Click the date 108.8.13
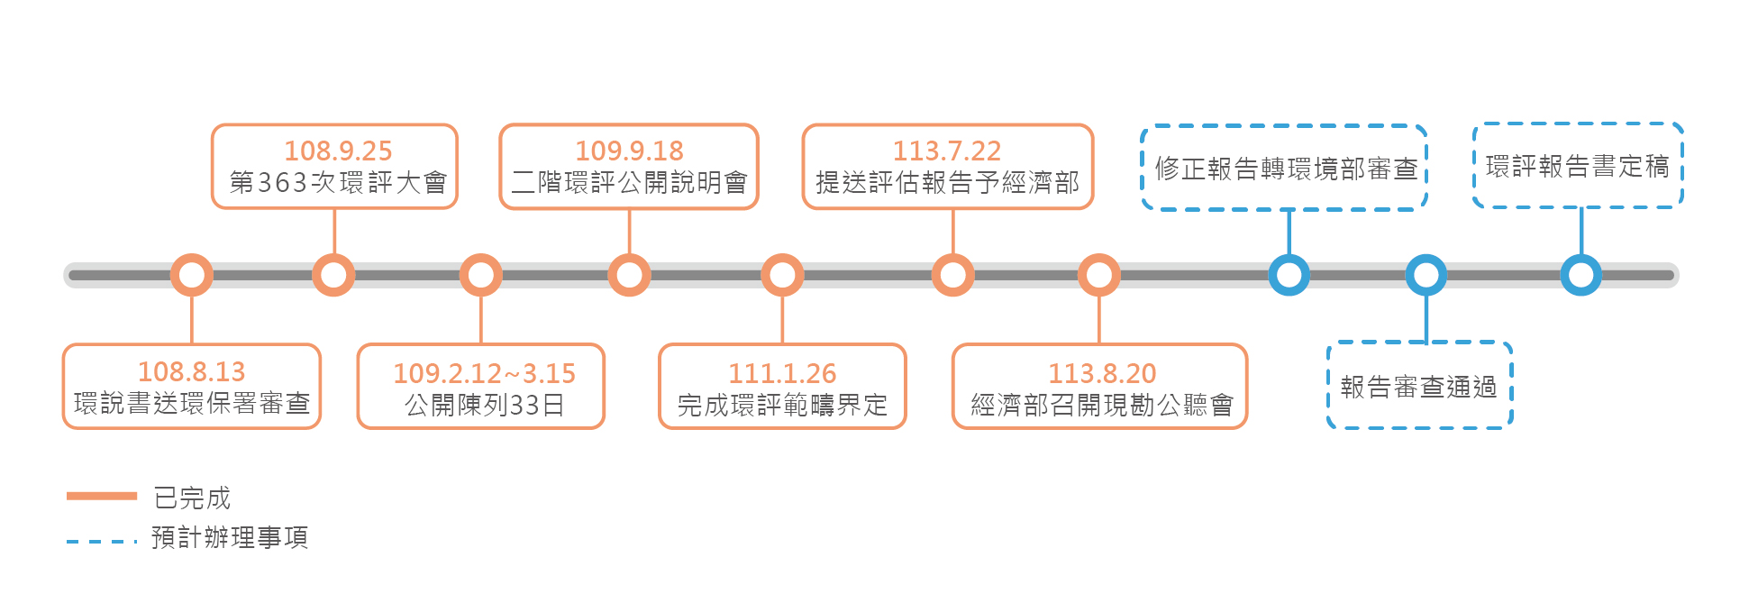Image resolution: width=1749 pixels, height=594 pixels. [x=191, y=371]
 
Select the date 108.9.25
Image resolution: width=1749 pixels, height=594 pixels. [x=338, y=151]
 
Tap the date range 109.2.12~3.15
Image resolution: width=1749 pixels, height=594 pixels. [x=484, y=373]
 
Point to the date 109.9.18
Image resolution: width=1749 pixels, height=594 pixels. [x=629, y=151]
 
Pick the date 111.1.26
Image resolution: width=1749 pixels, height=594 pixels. [x=782, y=373]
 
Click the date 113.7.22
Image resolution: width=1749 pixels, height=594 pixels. [x=947, y=151]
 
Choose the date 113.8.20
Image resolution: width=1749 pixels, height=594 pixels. [x=1101, y=373]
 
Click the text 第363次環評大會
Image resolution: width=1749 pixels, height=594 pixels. [x=338, y=183]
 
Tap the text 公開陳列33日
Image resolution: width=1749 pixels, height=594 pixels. [x=484, y=405]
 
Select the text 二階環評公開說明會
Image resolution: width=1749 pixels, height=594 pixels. [x=629, y=183]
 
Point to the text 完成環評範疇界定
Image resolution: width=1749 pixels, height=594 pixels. [x=782, y=405]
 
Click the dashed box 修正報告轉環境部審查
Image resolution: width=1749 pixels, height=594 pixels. [x=1285, y=169]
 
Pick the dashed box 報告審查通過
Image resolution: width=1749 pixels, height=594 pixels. [x=1419, y=387]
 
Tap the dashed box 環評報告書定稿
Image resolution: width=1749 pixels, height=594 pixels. [x=1578, y=167]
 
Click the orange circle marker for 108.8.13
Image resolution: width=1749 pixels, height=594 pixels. [x=192, y=275]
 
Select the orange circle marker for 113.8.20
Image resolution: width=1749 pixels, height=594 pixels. [x=1099, y=275]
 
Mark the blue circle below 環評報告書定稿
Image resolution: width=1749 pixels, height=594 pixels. [x=1580, y=275]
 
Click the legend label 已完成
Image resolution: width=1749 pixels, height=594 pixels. [x=192, y=498]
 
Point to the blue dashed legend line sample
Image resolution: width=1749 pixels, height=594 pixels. [x=101, y=542]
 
